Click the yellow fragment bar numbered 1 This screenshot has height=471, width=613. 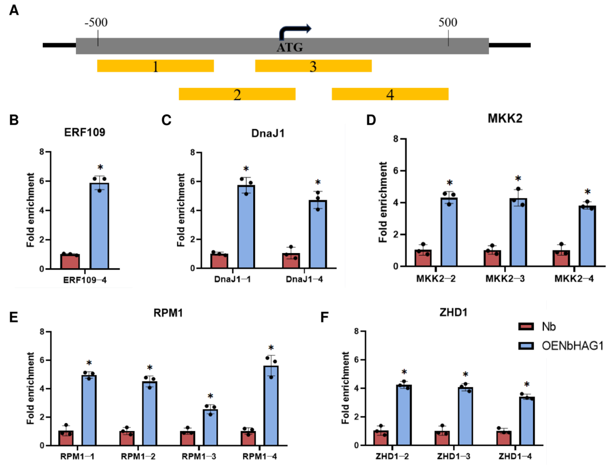point(155,66)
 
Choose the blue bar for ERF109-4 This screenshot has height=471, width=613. point(99,226)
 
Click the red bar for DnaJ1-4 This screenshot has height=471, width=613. point(291,261)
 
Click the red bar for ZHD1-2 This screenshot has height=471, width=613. point(381,438)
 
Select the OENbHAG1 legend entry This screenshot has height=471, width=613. point(561,346)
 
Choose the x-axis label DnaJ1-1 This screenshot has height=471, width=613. point(232,279)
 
